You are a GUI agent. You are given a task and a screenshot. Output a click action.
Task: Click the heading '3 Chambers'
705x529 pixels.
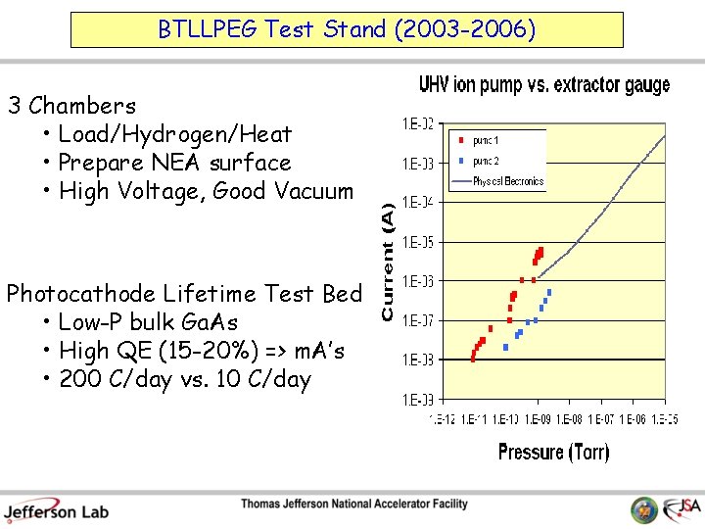point(71,105)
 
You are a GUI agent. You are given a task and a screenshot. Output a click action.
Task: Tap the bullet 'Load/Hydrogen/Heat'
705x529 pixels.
point(174,133)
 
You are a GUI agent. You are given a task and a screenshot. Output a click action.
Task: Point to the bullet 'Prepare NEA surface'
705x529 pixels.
point(174,163)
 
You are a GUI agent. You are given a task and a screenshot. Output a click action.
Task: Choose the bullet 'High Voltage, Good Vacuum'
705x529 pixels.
point(206,191)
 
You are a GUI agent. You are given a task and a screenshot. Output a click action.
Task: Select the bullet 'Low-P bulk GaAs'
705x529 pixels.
point(148,322)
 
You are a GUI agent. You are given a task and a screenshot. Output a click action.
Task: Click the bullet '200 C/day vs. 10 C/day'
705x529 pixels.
point(184,379)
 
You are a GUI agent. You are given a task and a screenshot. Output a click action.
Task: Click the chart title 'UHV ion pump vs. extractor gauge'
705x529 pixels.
point(544,85)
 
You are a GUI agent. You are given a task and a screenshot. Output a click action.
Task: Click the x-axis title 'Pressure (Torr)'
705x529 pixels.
point(553,452)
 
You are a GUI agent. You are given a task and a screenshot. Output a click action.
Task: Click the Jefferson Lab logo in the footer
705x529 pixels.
point(56,508)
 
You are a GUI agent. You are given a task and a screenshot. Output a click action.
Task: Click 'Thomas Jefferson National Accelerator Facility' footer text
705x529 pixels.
point(354,505)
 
